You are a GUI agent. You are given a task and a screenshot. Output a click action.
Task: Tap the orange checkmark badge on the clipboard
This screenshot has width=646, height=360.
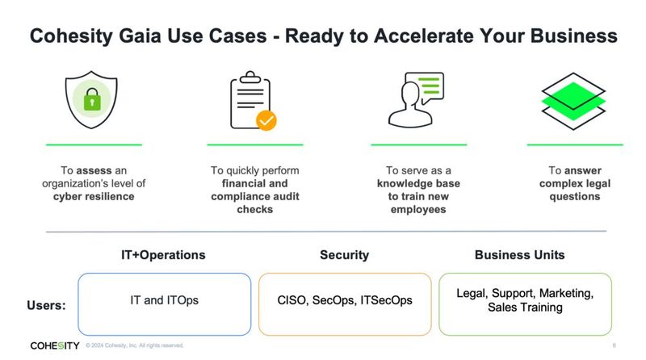(x=266, y=120)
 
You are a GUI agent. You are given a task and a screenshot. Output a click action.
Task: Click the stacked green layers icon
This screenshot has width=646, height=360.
(x=574, y=101)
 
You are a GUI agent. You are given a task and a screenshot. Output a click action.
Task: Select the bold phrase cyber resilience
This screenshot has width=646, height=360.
(x=94, y=196)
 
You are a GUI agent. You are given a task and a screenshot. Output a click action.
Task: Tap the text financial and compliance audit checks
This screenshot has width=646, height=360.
(x=255, y=196)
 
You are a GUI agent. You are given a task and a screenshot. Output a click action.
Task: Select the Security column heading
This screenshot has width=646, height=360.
(x=344, y=255)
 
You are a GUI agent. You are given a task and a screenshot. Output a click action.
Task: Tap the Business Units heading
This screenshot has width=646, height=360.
(x=519, y=255)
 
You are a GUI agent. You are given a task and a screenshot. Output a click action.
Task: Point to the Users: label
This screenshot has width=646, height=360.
(x=48, y=306)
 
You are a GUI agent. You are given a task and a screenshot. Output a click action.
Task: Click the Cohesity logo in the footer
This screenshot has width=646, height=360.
(x=54, y=345)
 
